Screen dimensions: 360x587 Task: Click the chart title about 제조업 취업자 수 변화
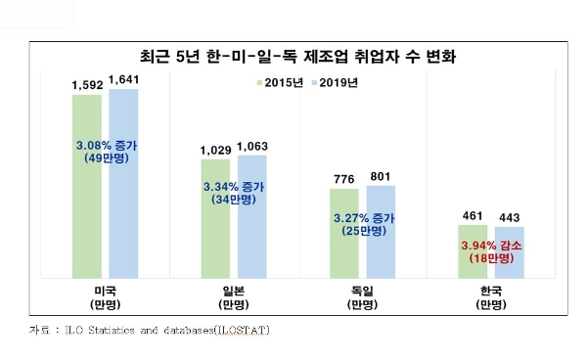click(x=293, y=57)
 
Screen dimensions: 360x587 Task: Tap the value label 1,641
click(x=124, y=80)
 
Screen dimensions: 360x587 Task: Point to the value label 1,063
click(x=252, y=147)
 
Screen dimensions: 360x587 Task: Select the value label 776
click(x=342, y=182)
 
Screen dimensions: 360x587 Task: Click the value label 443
click(x=509, y=217)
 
